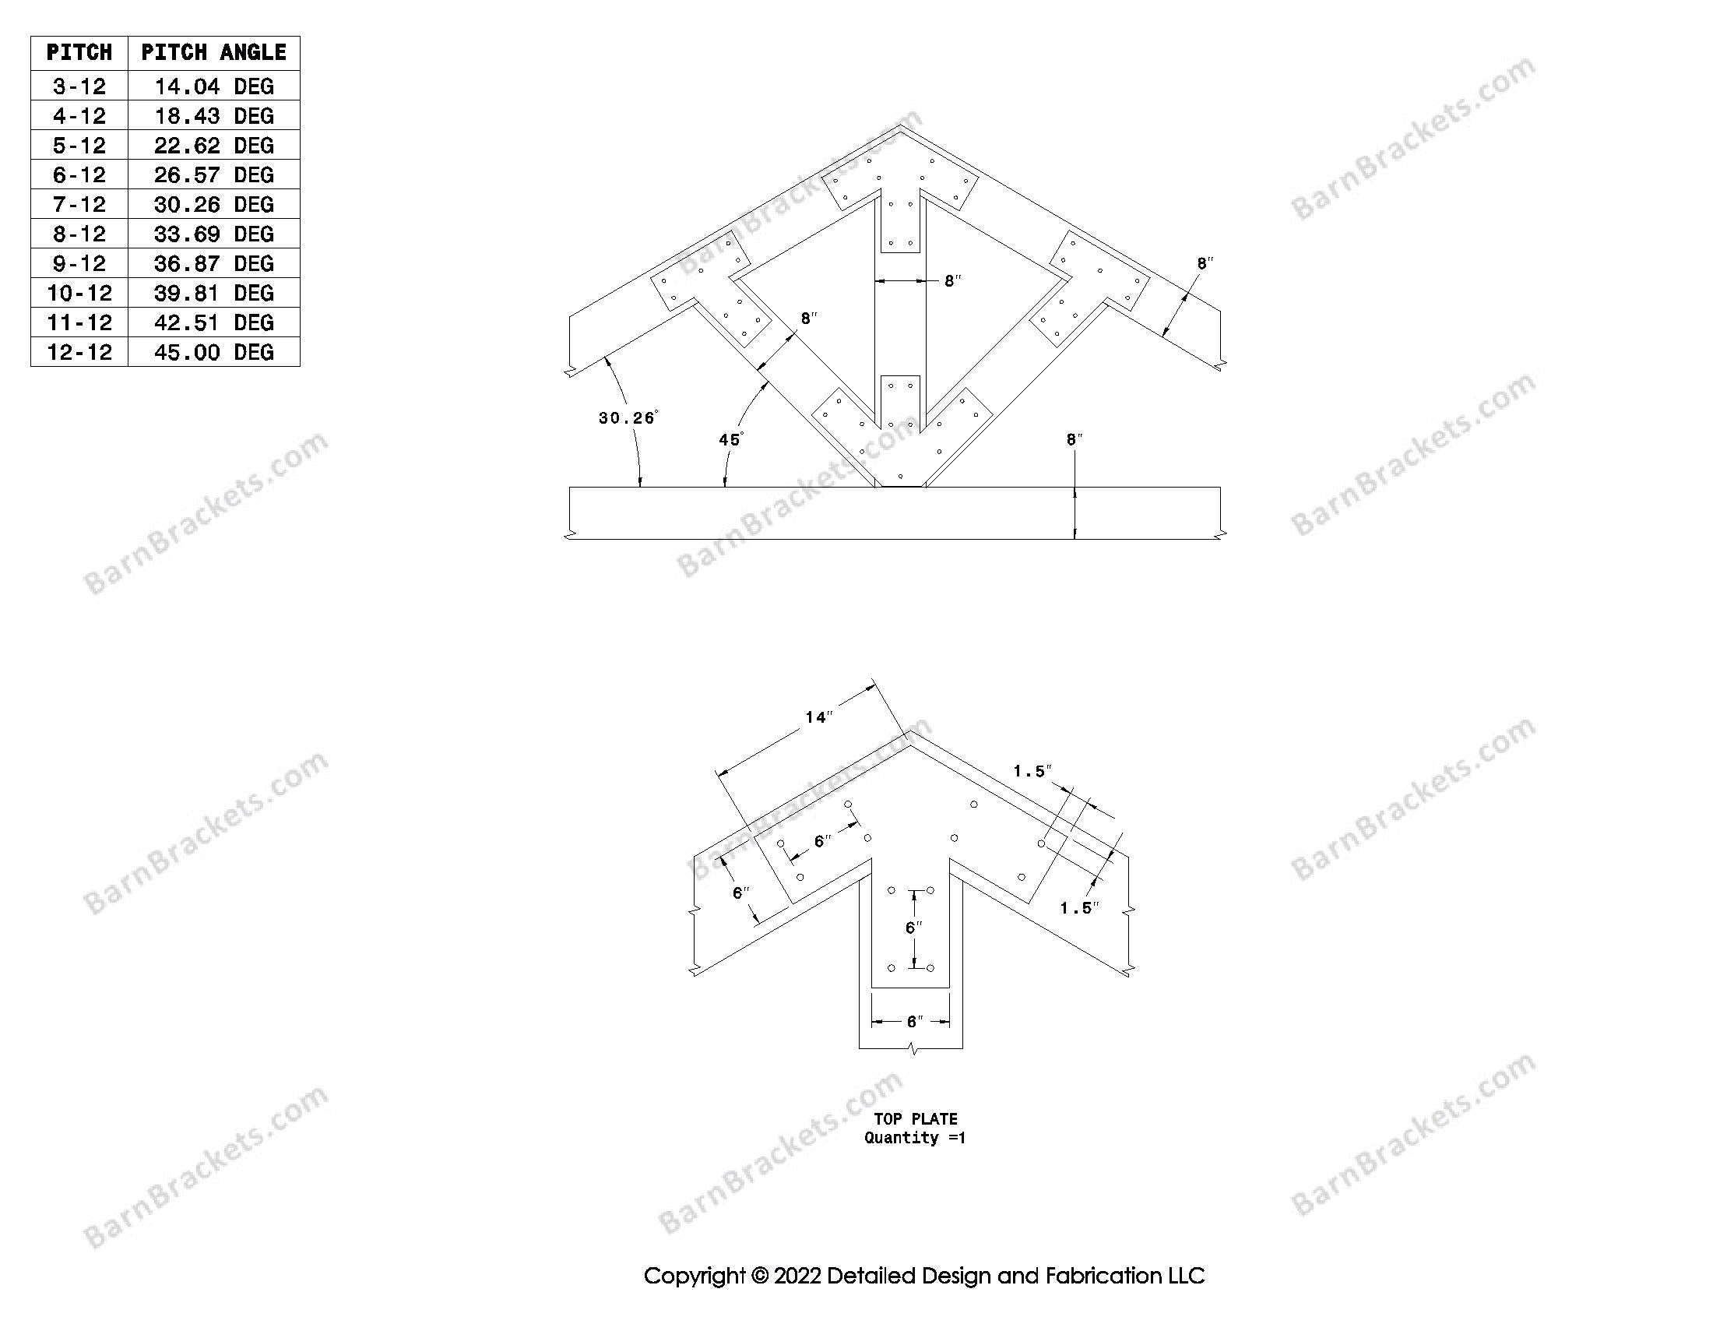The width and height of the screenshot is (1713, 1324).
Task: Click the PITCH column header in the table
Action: (79, 53)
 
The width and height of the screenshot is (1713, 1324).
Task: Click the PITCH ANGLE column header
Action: (213, 53)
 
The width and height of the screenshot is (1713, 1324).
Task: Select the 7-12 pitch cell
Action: (79, 205)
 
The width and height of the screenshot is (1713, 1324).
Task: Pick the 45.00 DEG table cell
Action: (213, 352)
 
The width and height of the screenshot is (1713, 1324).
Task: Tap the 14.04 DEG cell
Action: (213, 86)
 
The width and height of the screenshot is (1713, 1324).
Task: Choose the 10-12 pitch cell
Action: (79, 294)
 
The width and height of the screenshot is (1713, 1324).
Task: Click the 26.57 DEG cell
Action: (213, 175)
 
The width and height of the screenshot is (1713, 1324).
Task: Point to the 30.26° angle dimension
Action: (627, 418)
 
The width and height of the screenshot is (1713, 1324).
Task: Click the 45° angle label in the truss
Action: (730, 439)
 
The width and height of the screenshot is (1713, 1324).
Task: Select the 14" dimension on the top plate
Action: (818, 717)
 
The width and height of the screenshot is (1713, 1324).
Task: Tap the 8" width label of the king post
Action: (952, 281)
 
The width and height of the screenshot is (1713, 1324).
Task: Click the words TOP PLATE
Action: (916, 1119)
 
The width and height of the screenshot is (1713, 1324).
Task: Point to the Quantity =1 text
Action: (915, 1138)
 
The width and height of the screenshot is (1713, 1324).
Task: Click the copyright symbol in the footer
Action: (760, 1276)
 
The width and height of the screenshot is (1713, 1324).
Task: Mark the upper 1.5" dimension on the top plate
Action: (1032, 772)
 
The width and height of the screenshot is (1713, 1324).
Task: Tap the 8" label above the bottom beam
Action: (1074, 440)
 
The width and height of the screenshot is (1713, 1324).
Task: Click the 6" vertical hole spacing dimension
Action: (913, 928)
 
